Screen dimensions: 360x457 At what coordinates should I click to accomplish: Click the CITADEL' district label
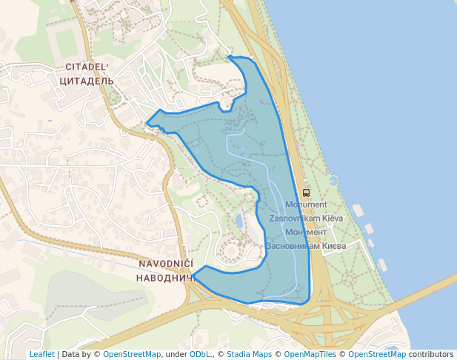point(86,67)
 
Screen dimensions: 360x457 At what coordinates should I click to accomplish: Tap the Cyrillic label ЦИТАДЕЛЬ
point(86,80)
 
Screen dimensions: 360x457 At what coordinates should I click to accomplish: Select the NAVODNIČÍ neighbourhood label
point(166,264)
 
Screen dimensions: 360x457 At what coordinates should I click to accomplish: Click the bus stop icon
point(307,193)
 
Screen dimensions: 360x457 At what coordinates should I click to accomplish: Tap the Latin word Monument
point(305,204)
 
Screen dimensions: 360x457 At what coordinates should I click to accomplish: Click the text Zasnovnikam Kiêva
point(306,219)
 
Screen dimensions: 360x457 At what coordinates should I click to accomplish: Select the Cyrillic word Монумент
point(306,232)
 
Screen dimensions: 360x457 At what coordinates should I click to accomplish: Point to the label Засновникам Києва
point(306,245)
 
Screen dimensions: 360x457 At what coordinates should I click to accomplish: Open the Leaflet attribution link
point(41,354)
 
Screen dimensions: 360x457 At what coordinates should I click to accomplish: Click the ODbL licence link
point(200,354)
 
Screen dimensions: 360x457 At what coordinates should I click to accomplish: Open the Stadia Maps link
point(249,354)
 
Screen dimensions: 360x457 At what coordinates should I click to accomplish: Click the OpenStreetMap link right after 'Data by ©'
point(132,354)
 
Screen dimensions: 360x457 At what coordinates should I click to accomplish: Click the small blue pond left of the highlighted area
point(238,220)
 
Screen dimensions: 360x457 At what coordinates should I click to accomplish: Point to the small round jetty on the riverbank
point(333,180)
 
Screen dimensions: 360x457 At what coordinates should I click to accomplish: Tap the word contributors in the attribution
point(431,354)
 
